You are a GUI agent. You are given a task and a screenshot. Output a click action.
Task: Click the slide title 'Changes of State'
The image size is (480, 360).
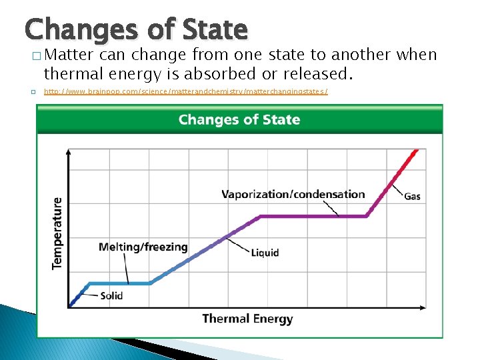tap(136, 29)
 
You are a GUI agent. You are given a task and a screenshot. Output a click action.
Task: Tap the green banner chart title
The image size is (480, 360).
tap(239, 120)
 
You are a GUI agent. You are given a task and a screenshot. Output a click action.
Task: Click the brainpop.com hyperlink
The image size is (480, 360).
tap(186, 91)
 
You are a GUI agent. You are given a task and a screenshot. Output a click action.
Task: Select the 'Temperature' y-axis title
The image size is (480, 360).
tap(58, 233)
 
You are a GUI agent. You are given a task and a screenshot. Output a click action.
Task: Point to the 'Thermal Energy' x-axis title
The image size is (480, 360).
tap(247, 319)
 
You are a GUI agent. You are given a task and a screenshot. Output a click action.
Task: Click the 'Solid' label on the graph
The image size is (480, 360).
tap(111, 295)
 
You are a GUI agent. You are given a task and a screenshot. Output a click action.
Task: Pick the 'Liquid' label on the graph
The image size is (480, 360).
tap(265, 253)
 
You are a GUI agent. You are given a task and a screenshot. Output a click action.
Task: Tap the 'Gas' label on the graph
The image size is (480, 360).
tap(412, 196)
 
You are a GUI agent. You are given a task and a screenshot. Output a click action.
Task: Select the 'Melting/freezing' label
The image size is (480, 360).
tap(143, 247)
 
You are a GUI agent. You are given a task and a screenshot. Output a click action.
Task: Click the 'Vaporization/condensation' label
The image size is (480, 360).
tap(293, 195)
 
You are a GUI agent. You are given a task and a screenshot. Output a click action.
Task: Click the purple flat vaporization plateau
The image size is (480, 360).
tap(313, 216)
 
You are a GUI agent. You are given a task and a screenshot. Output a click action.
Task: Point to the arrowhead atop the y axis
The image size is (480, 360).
tap(69, 153)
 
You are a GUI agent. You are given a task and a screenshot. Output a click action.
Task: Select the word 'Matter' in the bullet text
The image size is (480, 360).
tap(71, 55)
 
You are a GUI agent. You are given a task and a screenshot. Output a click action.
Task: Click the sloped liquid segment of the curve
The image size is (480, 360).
tap(200, 250)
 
